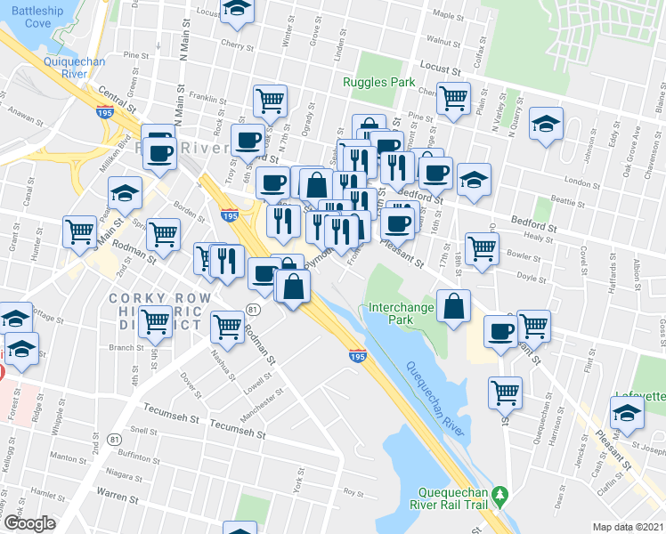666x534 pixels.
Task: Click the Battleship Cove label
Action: (26, 17)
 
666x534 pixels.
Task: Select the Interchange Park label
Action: (402, 313)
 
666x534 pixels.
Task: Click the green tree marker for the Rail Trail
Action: (500, 492)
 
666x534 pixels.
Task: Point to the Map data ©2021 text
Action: (628, 526)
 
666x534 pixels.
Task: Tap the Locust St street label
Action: (442, 68)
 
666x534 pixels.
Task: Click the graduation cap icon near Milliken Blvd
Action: (126, 191)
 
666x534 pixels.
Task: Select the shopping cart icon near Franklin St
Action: (270, 99)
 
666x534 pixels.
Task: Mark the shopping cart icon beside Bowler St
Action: (482, 248)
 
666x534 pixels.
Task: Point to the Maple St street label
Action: (443, 14)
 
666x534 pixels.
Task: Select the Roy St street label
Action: (354, 491)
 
